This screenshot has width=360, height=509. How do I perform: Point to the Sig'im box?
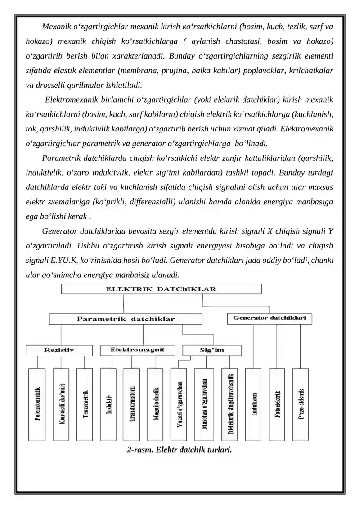(212, 350)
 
